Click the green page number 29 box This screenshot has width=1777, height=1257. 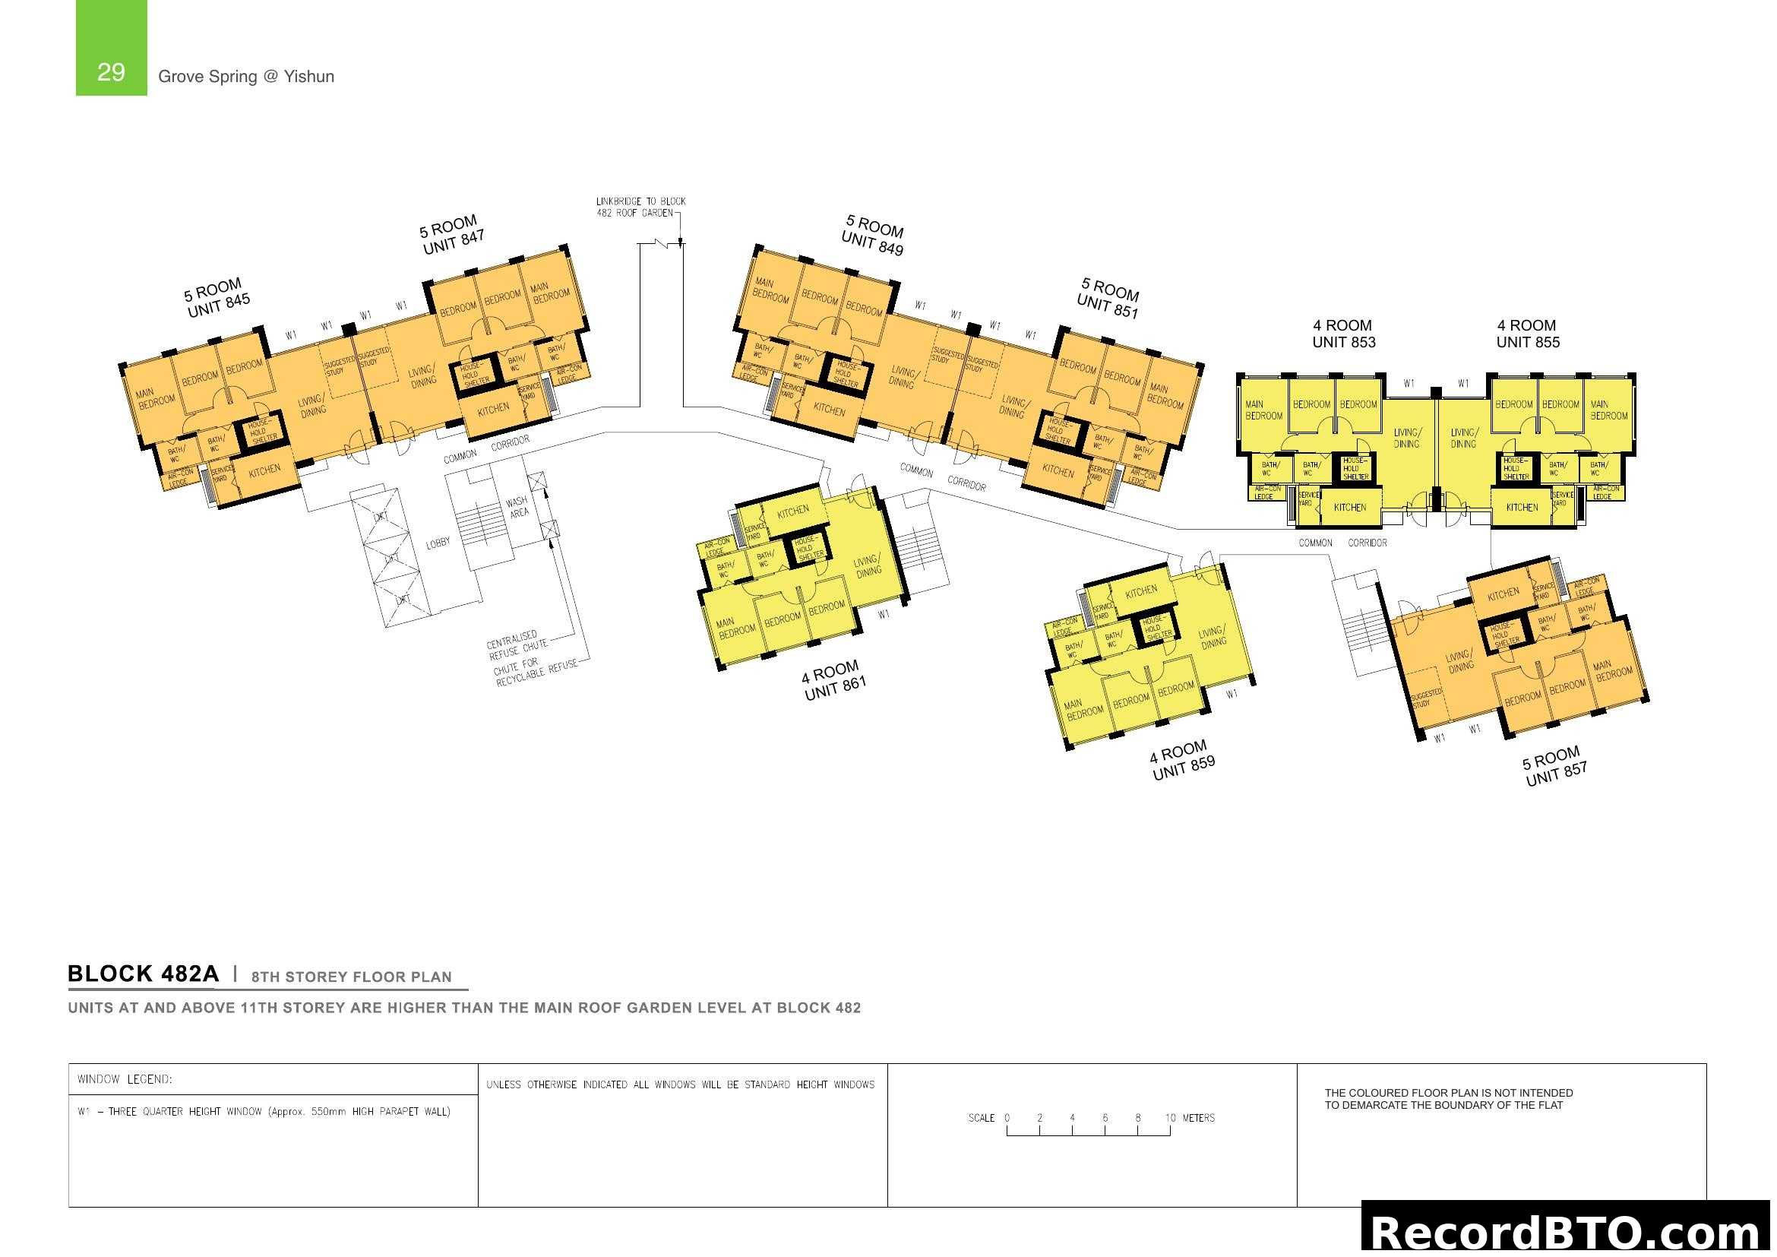tap(111, 48)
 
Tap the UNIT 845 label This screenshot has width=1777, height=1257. tap(218, 306)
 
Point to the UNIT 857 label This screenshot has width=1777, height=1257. tap(1556, 774)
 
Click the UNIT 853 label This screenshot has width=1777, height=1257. tap(1344, 342)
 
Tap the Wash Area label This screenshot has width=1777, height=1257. tap(518, 507)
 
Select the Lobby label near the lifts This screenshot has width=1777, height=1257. tap(438, 543)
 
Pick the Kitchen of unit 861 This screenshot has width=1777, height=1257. tap(792, 511)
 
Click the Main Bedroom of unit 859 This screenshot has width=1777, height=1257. tap(1083, 709)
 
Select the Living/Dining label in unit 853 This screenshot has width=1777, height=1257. tap(1406, 438)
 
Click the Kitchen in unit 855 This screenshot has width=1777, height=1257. tap(1522, 508)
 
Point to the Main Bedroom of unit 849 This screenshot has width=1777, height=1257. tap(770, 291)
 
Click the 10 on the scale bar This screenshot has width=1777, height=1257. tap(1169, 1118)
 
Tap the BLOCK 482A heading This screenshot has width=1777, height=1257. tap(143, 974)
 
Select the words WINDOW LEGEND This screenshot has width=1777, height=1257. tap(125, 1079)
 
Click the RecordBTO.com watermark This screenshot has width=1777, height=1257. tap(1567, 1232)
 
